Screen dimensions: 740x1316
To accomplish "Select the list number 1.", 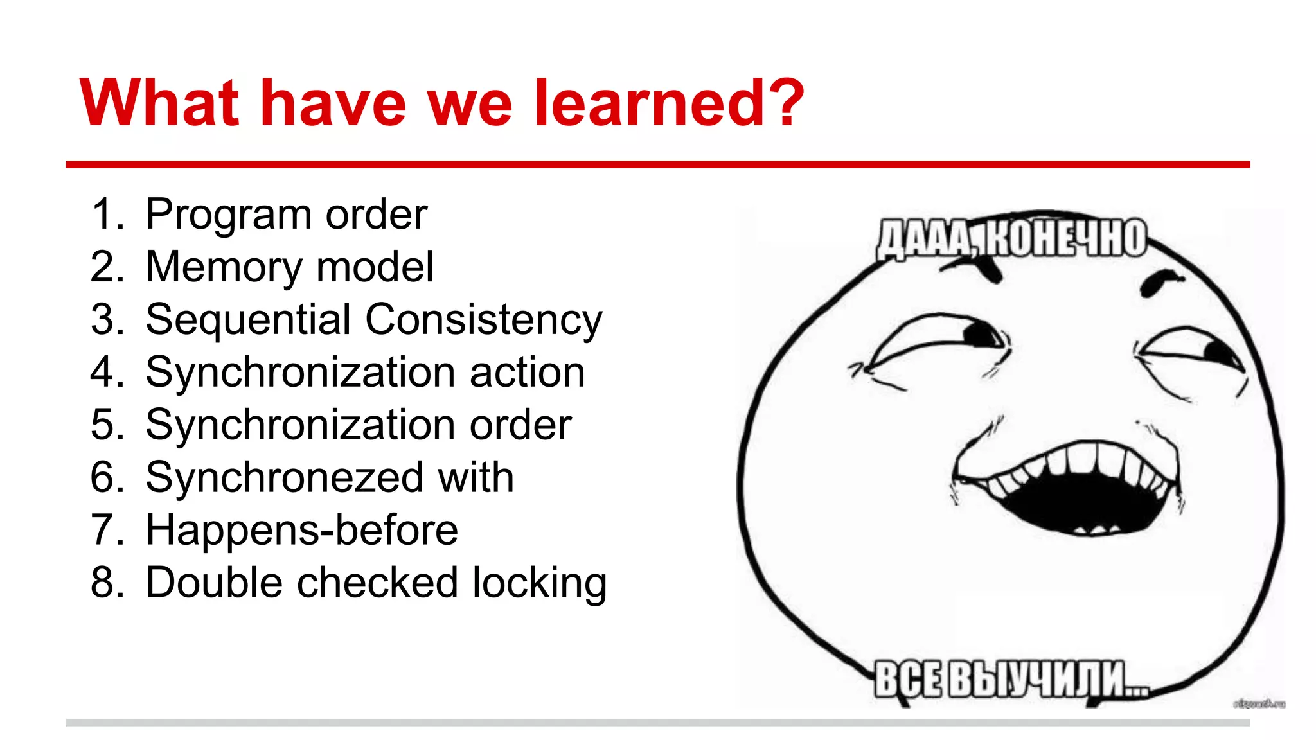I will point(106,214).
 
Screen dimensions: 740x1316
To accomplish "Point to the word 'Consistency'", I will point(484,320).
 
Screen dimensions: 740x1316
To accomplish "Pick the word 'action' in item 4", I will point(527,373).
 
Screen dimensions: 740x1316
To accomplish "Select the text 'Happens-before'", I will point(301,531).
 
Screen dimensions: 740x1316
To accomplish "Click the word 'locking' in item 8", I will point(539,583).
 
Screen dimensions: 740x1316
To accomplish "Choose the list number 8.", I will point(106,583).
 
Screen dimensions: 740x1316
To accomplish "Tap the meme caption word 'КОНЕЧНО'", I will point(1067,239).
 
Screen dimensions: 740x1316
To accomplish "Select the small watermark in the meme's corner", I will point(1259,704).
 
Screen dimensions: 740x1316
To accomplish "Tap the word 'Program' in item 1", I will point(229,215).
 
